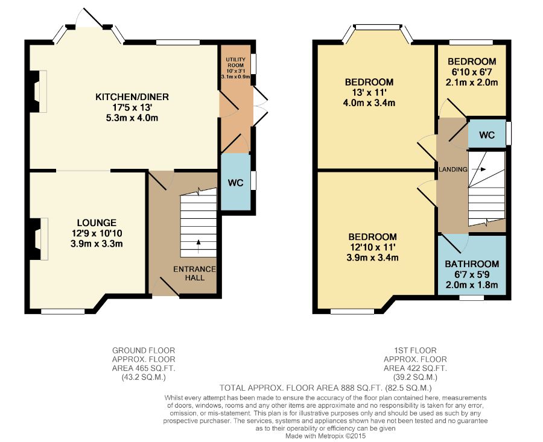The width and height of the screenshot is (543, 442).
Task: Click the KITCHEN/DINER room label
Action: point(132,97)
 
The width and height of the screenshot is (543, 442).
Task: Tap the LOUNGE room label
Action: point(97,223)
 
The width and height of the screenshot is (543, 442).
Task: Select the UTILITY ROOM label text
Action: point(235,62)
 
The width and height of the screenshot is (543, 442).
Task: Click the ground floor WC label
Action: point(235,183)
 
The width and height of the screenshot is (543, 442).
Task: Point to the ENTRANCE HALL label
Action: point(195,273)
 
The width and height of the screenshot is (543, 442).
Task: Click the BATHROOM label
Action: point(472,264)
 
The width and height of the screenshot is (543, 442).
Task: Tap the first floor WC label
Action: point(487,135)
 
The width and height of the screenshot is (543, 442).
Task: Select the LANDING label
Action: point(453,169)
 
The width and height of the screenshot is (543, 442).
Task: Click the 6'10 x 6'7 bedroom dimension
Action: point(472,72)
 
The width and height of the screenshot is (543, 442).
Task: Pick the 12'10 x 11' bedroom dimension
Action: point(372,247)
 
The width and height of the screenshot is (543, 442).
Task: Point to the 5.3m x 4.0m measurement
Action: point(132,118)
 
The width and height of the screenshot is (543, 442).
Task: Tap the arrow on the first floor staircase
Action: point(479,169)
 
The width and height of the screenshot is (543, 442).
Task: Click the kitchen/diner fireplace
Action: point(38,91)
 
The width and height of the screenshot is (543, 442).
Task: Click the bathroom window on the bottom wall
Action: point(471,298)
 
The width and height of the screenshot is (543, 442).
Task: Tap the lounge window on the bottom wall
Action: point(63,312)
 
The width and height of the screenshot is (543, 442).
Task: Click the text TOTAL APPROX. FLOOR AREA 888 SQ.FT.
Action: point(301,388)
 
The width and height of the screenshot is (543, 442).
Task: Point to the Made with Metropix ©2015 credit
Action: point(326,436)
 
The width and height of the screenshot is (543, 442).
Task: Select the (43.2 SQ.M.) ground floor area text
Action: point(144,377)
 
